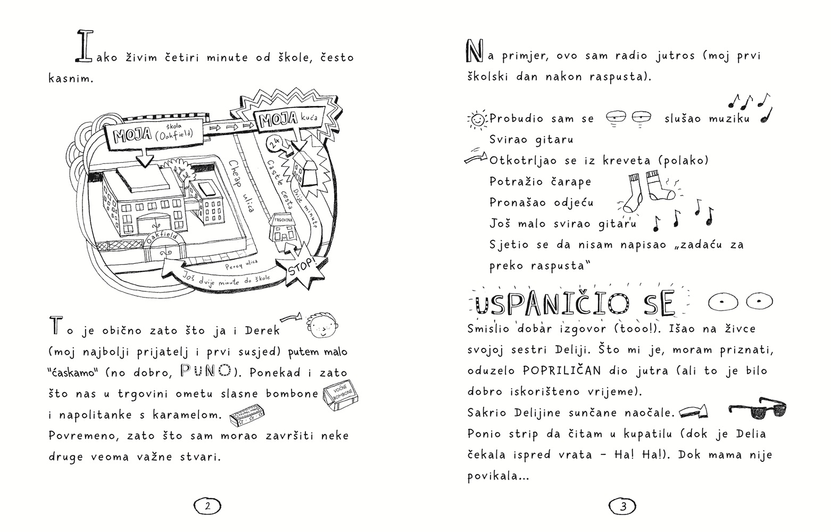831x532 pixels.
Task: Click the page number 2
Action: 207,506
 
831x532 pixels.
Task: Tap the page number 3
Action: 623,506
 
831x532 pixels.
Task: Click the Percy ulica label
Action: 241,263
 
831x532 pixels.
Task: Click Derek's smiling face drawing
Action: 323,326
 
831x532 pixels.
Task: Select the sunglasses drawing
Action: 758,409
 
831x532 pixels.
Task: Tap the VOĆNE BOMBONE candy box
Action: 341,397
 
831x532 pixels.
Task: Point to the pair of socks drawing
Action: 648,192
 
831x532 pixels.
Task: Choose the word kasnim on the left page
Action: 71,79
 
